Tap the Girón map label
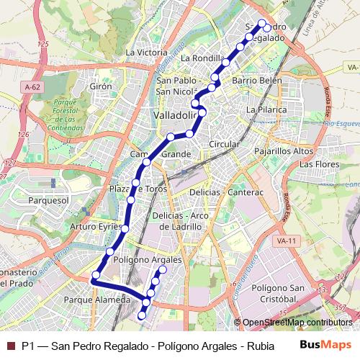point(101,86)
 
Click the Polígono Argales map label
point(148,259)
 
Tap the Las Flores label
point(319,164)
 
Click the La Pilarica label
point(266,109)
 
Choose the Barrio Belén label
point(257,81)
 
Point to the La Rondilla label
point(204,58)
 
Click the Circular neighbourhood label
point(223,144)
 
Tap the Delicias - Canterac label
point(227,193)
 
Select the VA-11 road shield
point(286,240)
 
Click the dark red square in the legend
point(10,345)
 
